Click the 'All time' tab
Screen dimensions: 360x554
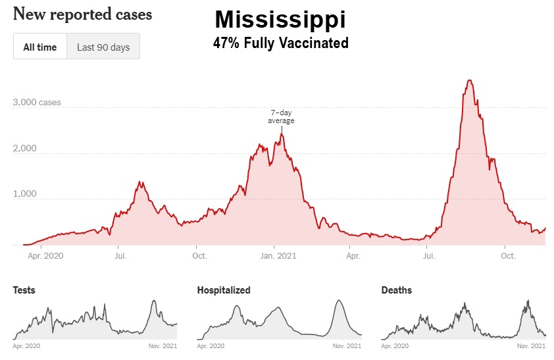coord(40,47)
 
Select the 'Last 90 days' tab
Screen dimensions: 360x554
coord(103,47)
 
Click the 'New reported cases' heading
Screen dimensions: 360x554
coord(82,14)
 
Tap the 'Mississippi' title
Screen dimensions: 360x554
coord(280,20)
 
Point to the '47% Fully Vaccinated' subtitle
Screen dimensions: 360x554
coord(280,44)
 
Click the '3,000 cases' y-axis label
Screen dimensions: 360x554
coord(37,103)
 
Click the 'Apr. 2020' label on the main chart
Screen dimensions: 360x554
coord(45,255)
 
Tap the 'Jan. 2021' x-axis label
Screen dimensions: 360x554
coord(276,255)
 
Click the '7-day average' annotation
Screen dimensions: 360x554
coord(281,116)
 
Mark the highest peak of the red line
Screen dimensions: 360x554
coord(469,80)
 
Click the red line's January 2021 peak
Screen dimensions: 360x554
coord(282,134)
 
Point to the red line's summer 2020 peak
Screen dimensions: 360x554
coord(140,182)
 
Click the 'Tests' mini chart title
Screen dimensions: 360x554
coord(24,290)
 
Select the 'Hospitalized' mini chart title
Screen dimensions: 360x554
coord(224,290)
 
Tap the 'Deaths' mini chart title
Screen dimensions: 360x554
coord(397,290)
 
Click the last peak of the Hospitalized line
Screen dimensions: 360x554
coord(339,301)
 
